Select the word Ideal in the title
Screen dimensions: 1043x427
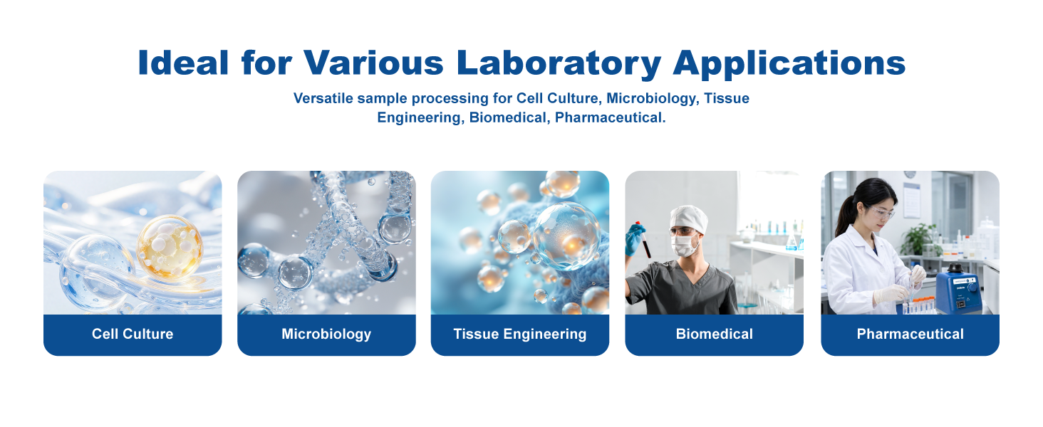click(x=183, y=63)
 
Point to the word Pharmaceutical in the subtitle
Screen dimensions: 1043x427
click(x=610, y=117)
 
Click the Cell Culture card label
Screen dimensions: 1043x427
click(x=133, y=334)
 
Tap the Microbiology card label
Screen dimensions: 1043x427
click(x=326, y=334)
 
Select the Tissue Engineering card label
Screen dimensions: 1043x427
click(x=520, y=334)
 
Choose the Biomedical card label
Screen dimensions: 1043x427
click(x=715, y=334)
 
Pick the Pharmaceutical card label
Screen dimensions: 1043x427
click(x=910, y=334)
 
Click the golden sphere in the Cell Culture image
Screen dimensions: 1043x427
click(x=170, y=248)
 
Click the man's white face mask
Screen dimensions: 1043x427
click(x=685, y=245)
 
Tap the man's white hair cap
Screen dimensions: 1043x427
click(x=689, y=218)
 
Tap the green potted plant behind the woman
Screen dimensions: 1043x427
click(x=920, y=240)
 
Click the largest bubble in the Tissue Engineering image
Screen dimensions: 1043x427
click(x=567, y=236)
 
